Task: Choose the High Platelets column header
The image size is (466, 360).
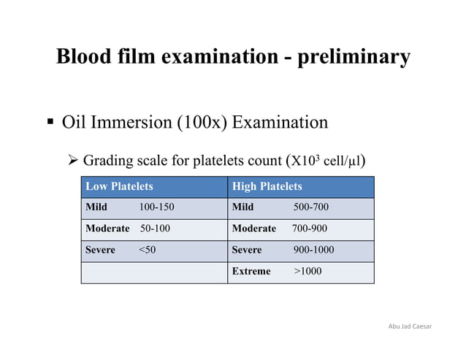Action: pos(267,187)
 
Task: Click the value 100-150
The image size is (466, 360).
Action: pos(156,207)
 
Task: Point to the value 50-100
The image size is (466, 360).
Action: pos(155,229)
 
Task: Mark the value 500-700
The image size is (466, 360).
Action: pos(311,207)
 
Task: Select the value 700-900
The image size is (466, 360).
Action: pos(310,229)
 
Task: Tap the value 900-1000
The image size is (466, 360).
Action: pos(314,250)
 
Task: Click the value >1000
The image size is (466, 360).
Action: pos(307,272)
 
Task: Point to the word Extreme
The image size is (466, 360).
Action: pos(251,272)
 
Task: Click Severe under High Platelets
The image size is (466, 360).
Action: pos(246,250)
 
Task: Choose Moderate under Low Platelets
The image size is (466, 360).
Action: pos(108,229)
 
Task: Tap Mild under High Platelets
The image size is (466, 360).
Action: pos(242,207)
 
